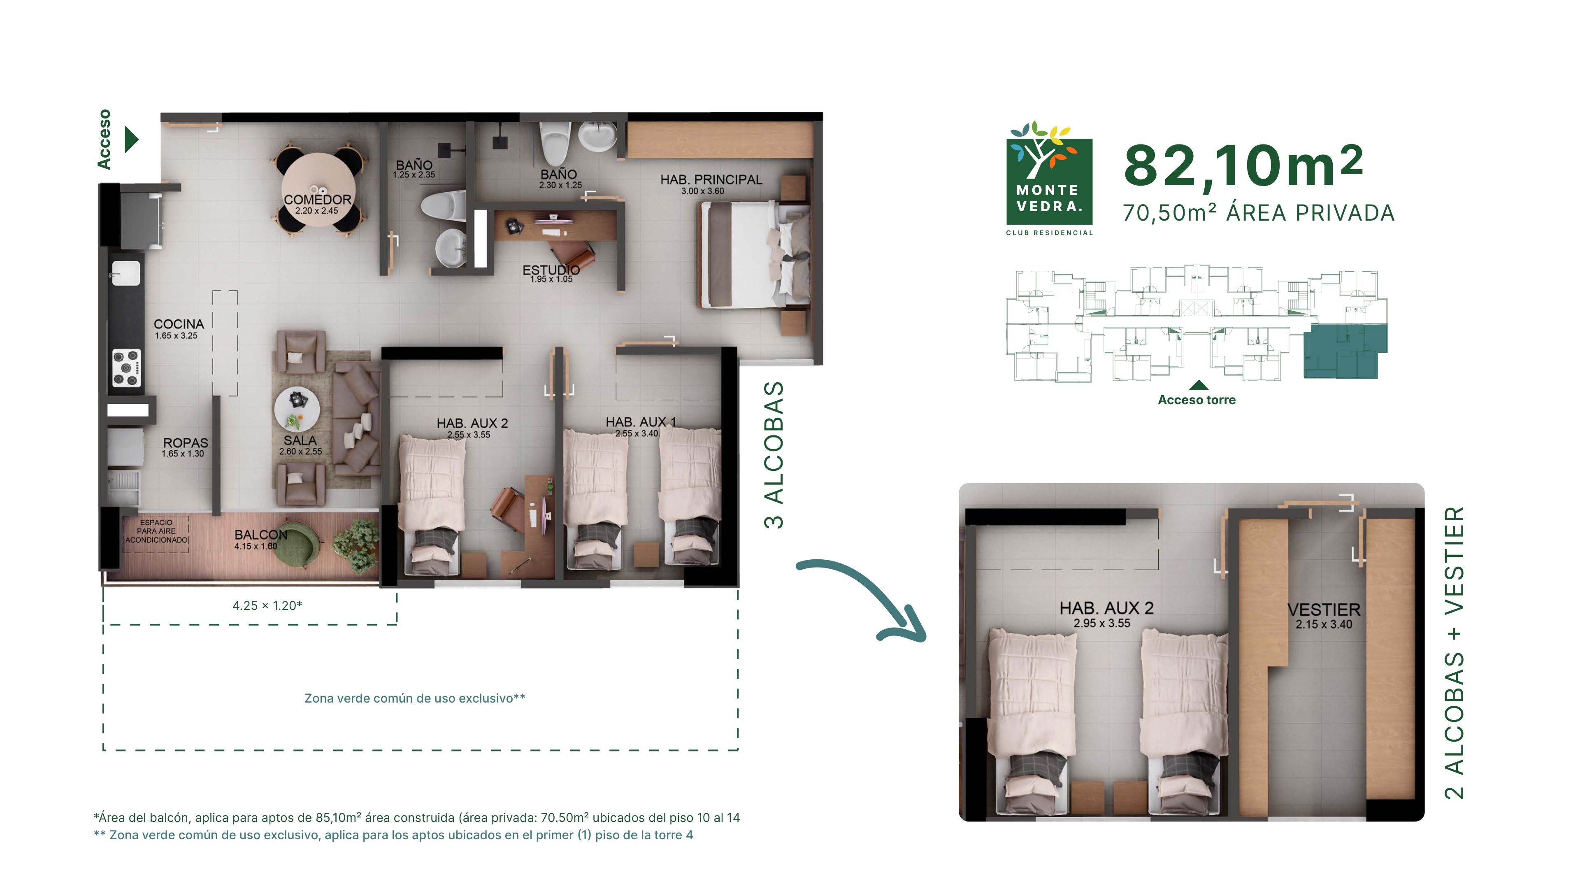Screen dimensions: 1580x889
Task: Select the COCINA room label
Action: pyautogui.click(x=179, y=324)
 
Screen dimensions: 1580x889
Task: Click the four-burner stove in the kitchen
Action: pyautogui.click(x=126, y=368)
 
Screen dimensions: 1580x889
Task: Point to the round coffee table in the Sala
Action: pyautogui.click(x=297, y=409)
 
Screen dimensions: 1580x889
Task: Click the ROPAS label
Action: pyautogui.click(x=185, y=443)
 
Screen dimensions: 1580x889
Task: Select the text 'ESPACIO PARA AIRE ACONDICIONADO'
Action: pyautogui.click(x=156, y=531)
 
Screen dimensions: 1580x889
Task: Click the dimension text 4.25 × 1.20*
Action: pyautogui.click(x=267, y=605)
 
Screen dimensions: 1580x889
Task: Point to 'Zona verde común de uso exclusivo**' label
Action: pyautogui.click(x=415, y=698)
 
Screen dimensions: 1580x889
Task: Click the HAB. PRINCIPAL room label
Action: pyautogui.click(x=711, y=180)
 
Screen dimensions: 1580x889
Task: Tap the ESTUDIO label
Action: pyautogui.click(x=551, y=270)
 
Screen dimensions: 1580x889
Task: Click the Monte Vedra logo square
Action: pyautogui.click(x=1050, y=182)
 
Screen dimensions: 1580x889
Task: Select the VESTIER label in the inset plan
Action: pyautogui.click(x=1324, y=610)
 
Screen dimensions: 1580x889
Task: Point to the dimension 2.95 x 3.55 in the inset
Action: pyautogui.click(x=1101, y=624)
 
